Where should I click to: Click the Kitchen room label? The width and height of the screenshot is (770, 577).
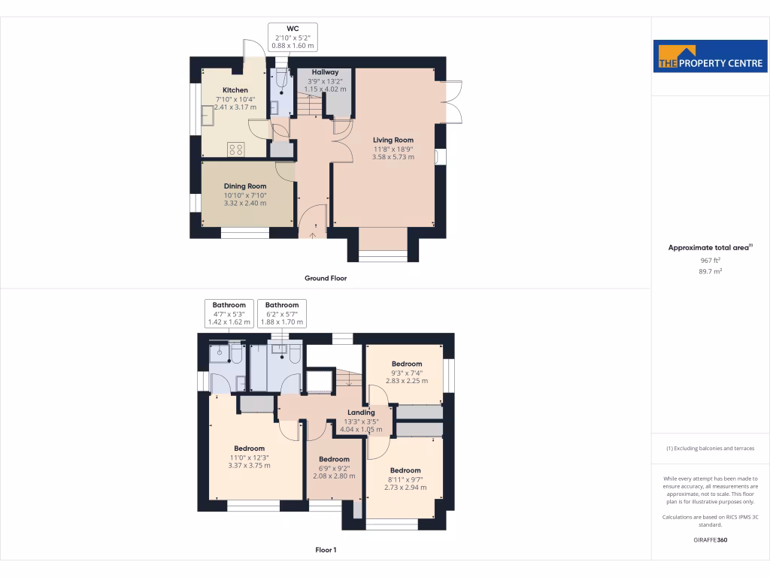[x=235, y=90]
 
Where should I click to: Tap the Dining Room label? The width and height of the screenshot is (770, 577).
[x=245, y=186]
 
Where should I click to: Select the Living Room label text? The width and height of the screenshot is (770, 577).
[x=393, y=140]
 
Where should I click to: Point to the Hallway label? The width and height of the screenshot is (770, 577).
[x=325, y=72]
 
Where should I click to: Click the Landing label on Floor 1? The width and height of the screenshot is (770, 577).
[x=361, y=412]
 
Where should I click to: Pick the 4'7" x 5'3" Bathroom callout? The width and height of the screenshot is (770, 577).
[x=229, y=313]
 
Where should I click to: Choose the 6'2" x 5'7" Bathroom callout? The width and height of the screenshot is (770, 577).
[x=281, y=313]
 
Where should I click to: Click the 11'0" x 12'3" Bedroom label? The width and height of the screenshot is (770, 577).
[x=248, y=449]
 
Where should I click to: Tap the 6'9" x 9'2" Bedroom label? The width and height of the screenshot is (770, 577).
[x=334, y=459]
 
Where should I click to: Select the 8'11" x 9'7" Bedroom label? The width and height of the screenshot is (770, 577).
[x=405, y=470]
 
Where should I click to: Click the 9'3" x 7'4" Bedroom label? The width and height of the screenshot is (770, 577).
[x=406, y=364]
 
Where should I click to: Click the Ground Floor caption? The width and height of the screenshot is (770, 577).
[x=325, y=278]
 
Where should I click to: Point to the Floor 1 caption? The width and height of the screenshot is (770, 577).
[x=326, y=550]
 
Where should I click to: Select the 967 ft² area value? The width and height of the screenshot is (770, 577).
[x=710, y=260]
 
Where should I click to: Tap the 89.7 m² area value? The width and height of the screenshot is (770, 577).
[x=710, y=272]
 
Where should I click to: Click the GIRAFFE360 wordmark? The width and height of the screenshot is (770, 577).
[x=710, y=539]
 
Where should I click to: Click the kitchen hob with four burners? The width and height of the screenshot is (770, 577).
[x=236, y=149]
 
